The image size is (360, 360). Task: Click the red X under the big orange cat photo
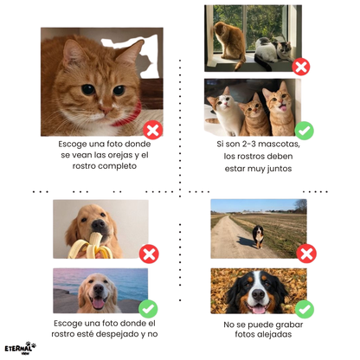click(153, 131)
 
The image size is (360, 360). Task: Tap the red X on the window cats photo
click(301, 67)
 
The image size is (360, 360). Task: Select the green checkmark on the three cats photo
click(304, 131)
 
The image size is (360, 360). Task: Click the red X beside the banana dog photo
click(149, 254)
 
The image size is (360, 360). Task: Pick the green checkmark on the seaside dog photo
click(148, 309)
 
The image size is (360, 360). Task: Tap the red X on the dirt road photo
click(306, 254)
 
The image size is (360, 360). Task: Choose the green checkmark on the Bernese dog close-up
click(305, 309)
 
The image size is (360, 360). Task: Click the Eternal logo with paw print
click(20, 348)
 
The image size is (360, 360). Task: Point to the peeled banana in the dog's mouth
click(91, 246)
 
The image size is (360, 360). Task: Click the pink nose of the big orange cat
click(106, 110)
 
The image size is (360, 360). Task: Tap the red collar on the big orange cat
click(128, 115)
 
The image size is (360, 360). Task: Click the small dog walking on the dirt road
click(258, 236)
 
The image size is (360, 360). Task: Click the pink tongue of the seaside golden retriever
click(99, 303)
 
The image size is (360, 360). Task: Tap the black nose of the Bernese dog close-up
click(258, 294)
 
